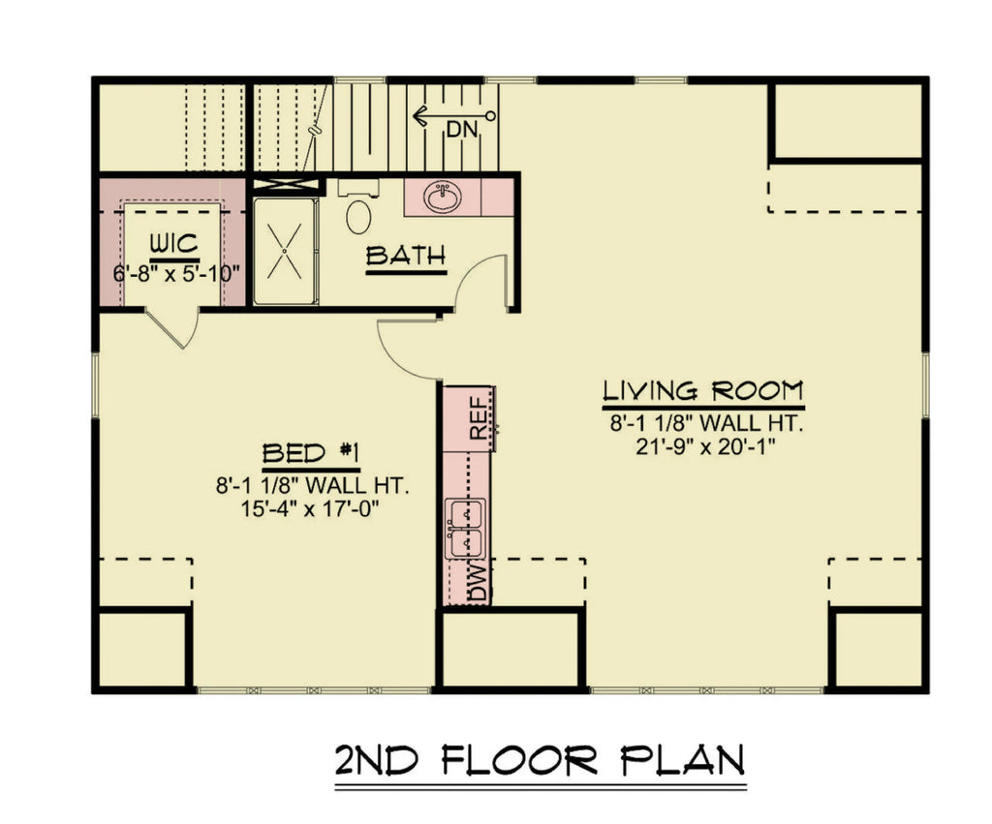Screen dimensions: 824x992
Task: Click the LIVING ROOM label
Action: click(x=703, y=392)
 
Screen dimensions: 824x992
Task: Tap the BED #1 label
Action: click(x=312, y=453)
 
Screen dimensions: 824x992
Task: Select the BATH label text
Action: click(x=406, y=257)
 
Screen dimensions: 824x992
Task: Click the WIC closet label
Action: click(x=174, y=242)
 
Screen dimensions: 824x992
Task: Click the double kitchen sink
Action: click(x=465, y=529)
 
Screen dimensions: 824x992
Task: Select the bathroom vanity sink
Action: click(x=445, y=198)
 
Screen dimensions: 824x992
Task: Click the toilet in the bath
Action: click(x=358, y=215)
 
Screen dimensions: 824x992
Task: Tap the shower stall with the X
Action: click(x=285, y=251)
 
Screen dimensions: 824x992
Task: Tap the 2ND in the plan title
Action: click(x=378, y=760)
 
